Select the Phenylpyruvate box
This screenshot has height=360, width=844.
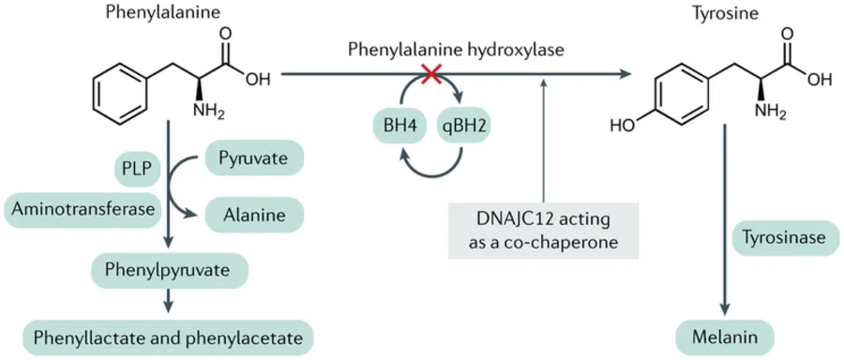(170, 271)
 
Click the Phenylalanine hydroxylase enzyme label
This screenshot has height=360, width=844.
(457, 49)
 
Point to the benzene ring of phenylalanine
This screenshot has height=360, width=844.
(121, 92)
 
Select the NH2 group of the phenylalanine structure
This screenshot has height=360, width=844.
(209, 112)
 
